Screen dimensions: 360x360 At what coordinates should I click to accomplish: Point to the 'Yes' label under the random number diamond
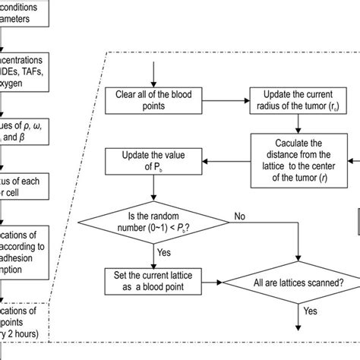coord(163,251)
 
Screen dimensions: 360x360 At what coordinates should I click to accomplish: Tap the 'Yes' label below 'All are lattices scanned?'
coord(311,311)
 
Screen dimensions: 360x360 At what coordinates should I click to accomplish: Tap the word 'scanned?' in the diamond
coord(323,282)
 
